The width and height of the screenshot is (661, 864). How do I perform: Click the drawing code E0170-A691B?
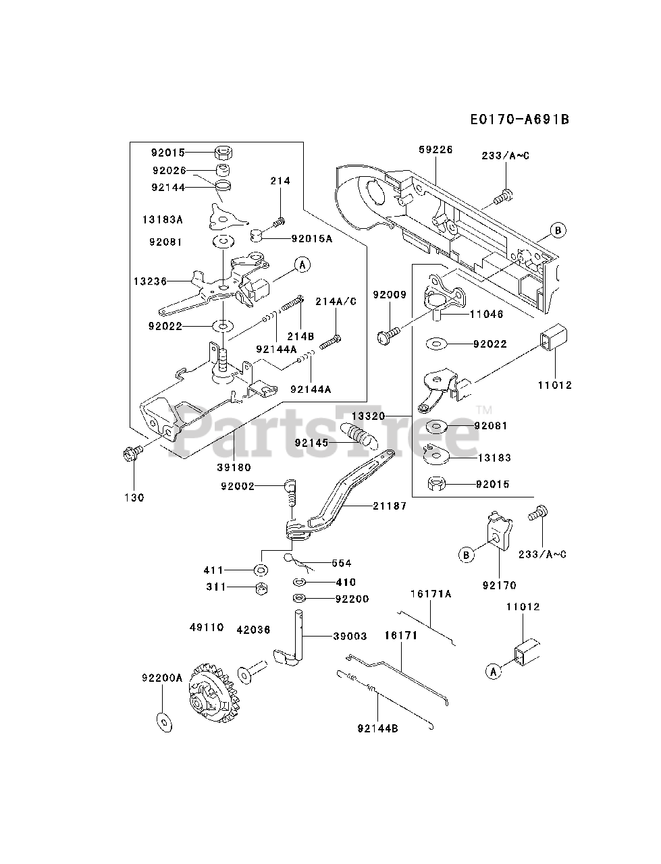pyautogui.click(x=520, y=119)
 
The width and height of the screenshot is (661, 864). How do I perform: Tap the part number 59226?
pyautogui.click(x=435, y=150)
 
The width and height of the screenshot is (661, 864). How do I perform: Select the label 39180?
pyautogui.click(x=234, y=468)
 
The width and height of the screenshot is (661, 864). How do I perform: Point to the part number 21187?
pyautogui.click(x=390, y=506)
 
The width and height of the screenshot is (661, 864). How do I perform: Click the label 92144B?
pyautogui.click(x=377, y=728)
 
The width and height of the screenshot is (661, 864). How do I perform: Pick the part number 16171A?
pyautogui.click(x=431, y=593)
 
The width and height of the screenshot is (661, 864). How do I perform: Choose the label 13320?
pyautogui.click(x=368, y=416)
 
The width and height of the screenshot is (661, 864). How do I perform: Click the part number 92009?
pyautogui.click(x=390, y=294)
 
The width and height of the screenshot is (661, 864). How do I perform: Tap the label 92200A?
pyautogui.click(x=162, y=678)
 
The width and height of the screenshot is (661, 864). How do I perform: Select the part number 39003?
pyautogui.click(x=350, y=636)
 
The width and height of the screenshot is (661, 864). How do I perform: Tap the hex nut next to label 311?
pyautogui.click(x=261, y=589)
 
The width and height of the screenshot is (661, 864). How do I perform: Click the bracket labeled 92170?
pyautogui.click(x=500, y=531)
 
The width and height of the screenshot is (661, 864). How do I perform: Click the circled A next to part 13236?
pyautogui.click(x=302, y=265)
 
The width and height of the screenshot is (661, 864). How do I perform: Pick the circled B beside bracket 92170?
pyautogui.click(x=466, y=556)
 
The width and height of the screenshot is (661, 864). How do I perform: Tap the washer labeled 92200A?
pyautogui.click(x=164, y=721)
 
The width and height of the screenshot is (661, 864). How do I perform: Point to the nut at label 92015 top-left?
pyautogui.click(x=223, y=152)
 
